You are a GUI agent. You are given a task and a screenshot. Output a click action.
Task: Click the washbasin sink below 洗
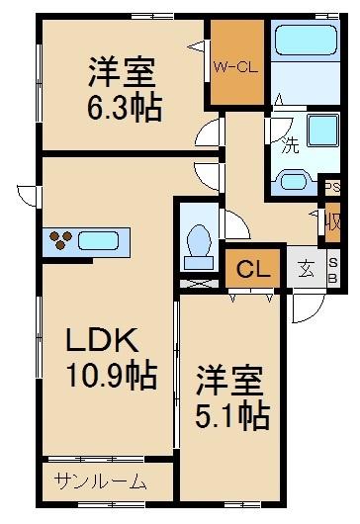point(293,180)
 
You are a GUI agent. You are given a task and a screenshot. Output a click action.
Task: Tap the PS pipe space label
point(332,185)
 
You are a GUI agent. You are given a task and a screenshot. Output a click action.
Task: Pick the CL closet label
point(251,269)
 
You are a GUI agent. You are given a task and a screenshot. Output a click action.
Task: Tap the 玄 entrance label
point(309,269)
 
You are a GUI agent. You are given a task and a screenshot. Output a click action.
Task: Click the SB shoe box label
point(332,269)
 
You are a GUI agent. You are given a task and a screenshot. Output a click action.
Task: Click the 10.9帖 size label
point(111,376)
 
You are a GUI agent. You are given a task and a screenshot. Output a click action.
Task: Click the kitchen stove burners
point(61,240)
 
